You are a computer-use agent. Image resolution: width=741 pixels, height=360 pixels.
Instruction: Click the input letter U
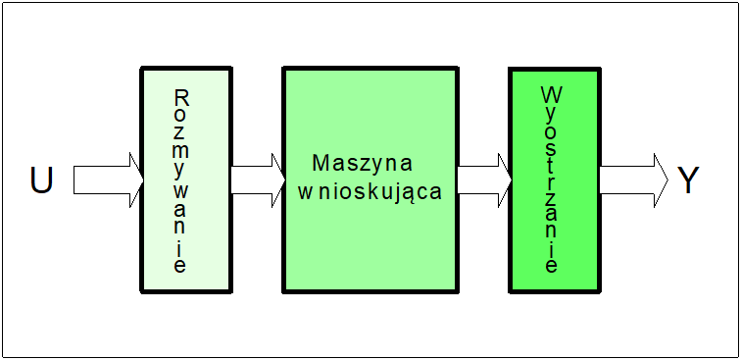[41, 180]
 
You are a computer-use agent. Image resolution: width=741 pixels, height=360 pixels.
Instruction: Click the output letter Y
[688, 180]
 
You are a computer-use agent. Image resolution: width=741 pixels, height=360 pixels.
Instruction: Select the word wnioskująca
[370, 190]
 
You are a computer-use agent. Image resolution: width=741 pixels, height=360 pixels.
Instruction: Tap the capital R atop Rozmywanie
[180, 98]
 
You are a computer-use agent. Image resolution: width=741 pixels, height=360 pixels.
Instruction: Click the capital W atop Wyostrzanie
[550, 96]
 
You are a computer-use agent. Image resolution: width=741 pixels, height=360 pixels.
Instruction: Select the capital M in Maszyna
[321, 162]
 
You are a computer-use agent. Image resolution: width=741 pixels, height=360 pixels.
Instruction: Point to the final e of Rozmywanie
[180, 265]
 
